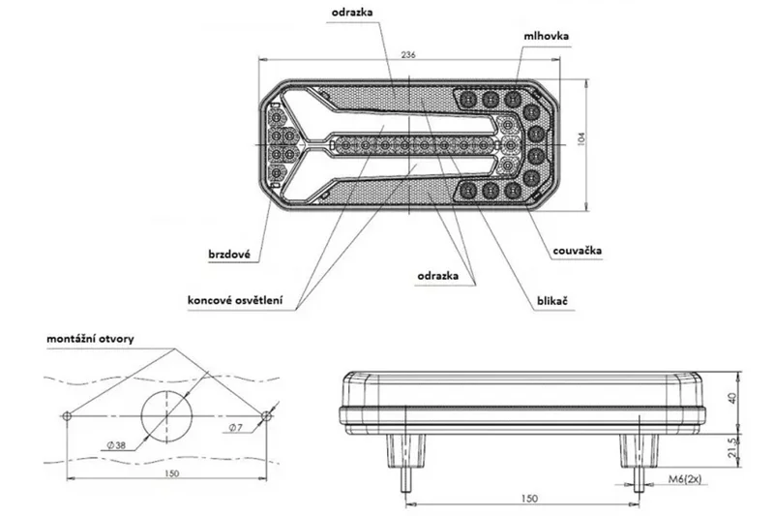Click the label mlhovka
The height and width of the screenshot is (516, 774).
(547, 36)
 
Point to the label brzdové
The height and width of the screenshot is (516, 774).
(229, 256)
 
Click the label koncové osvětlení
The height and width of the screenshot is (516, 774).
(235, 300)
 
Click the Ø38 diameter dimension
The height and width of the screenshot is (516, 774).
(119, 445)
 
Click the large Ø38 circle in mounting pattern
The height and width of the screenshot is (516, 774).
(166, 418)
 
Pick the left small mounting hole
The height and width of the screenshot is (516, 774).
(65, 415)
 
